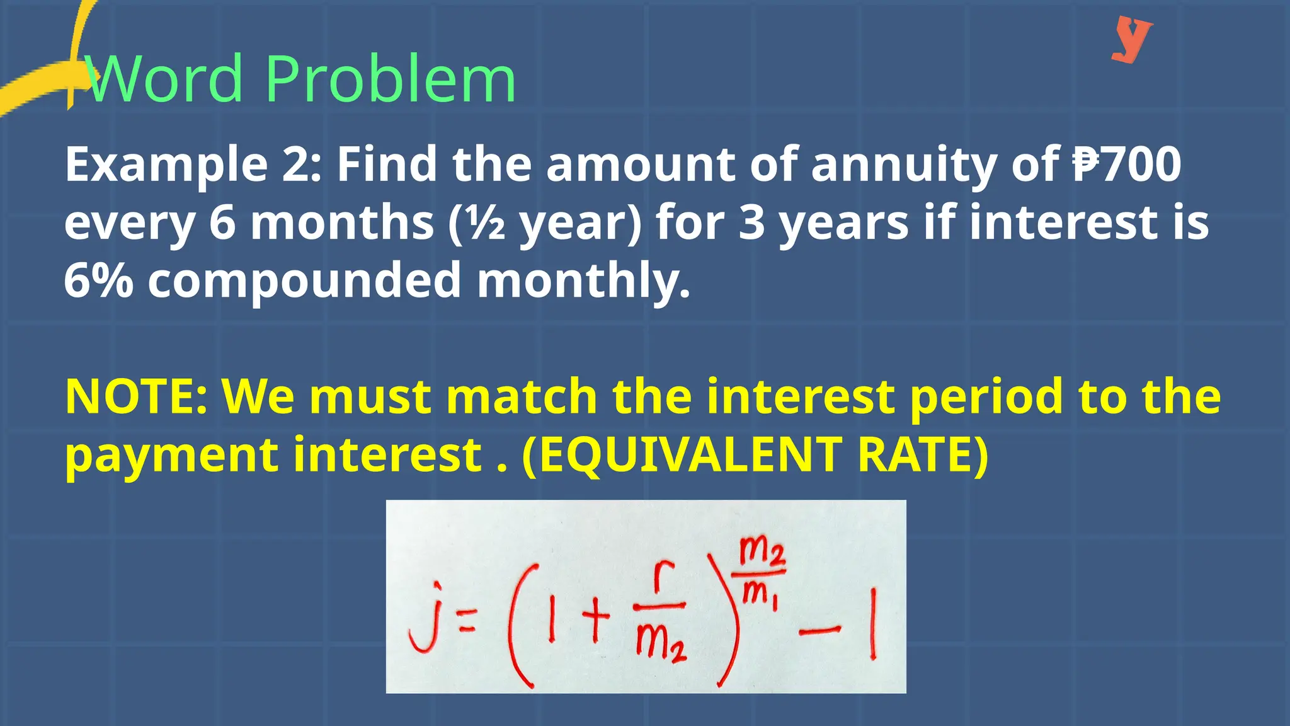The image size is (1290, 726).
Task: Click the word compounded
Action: click(x=305, y=281)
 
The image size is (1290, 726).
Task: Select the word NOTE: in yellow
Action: click(x=136, y=396)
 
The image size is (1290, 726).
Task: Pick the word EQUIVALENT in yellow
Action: click(x=689, y=454)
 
